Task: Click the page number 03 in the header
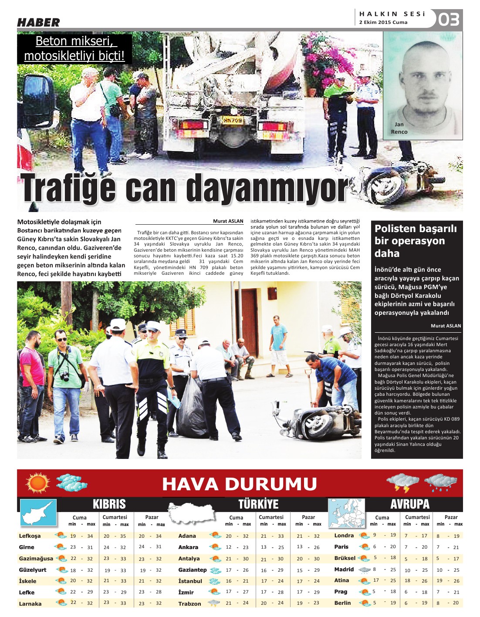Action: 449,20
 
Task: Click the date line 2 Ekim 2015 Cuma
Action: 383,22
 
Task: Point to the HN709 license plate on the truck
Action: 233,119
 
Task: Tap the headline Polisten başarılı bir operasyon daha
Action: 416,241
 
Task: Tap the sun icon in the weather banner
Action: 38,483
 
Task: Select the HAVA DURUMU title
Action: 239,484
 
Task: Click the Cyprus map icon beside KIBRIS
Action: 38,512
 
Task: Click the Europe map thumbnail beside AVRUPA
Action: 346,512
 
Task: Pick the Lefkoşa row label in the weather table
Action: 30,536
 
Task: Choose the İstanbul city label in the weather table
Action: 190,581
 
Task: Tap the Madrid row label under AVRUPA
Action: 344,570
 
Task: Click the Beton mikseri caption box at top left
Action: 74,48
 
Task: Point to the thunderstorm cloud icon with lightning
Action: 402,482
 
